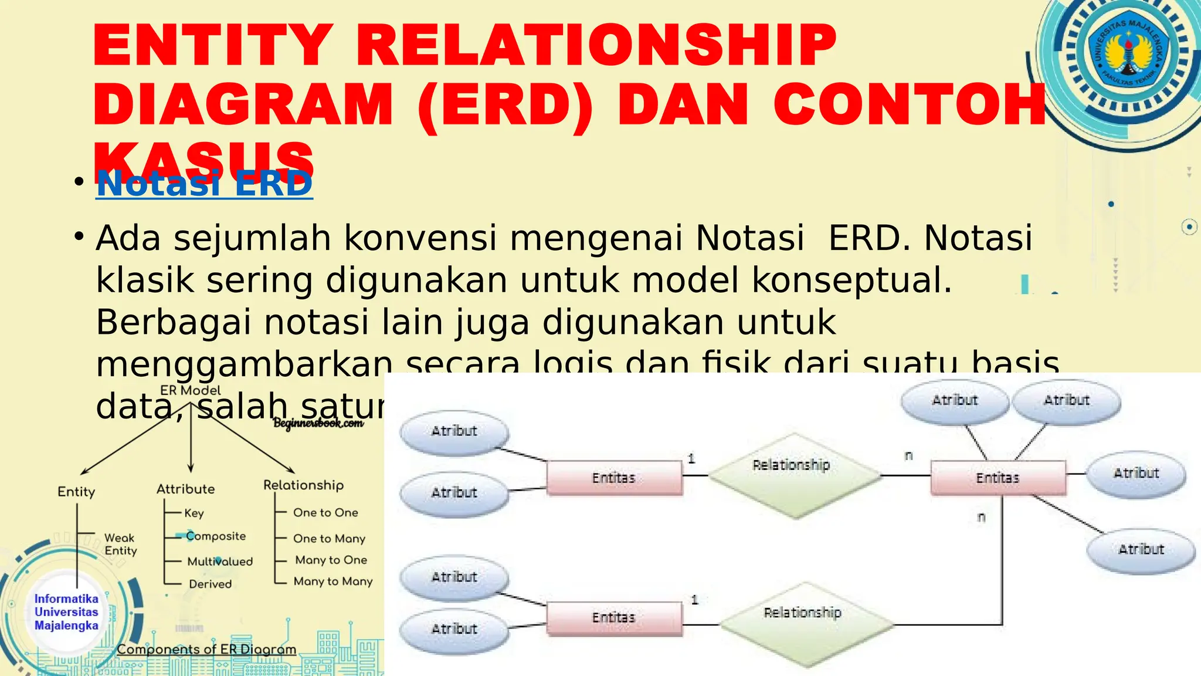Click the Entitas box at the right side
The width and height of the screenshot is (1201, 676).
tap(998, 478)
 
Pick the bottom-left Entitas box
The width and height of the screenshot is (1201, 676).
tap(614, 618)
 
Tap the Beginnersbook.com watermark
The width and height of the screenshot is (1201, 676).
tap(318, 422)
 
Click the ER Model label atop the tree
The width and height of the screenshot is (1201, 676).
tap(191, 390)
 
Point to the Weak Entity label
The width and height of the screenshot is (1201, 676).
tap(120, 545)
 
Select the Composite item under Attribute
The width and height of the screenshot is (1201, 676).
tap(215, 536)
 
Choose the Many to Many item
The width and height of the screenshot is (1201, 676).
tap(333, 581)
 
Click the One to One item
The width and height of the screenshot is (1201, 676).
tap(325, 512)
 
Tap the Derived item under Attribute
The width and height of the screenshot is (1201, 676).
tap(210, 584)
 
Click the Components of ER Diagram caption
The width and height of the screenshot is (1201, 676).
tap(206, 649)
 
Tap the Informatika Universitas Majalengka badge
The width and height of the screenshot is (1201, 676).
tap(66, 612)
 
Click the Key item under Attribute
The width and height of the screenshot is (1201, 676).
tap(194, 513)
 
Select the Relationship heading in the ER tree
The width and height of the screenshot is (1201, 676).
tap(303, 485)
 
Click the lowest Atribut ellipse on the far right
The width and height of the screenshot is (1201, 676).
tap(1141, 550)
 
